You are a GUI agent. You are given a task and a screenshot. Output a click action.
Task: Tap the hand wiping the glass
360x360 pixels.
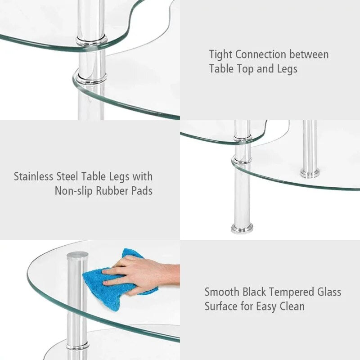point(139,274)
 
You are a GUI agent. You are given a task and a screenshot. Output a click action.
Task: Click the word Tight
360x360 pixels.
point(220,55)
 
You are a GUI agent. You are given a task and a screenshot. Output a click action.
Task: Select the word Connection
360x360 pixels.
point(261,55)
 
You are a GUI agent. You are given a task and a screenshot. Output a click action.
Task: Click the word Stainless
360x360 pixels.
point(36,176)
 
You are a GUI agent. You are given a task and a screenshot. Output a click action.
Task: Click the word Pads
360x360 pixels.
point(142,191)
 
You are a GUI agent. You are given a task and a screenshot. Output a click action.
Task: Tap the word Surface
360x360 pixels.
point(221,306)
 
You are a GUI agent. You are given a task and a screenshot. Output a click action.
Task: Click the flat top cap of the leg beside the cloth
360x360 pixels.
point(77,256)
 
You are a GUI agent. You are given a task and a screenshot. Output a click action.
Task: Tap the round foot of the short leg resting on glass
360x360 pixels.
point(310,173)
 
